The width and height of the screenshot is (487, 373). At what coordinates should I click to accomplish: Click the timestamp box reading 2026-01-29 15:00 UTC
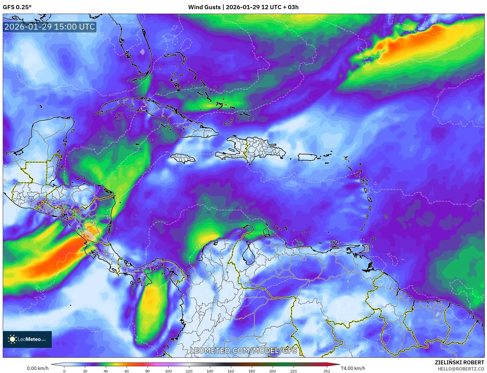tap(50, 27)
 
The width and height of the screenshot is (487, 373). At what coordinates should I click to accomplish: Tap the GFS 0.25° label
tap(17, 7)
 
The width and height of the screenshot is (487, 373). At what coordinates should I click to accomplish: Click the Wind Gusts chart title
tap(243, 7)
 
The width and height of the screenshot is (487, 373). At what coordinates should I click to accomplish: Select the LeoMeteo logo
tap(27, 339)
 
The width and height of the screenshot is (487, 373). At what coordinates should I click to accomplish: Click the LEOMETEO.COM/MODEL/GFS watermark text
tap(243, 350)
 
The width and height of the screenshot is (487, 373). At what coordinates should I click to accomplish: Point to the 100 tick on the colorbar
tap(168, 371)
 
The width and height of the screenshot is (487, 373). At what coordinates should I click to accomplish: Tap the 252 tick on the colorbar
tap(327, 371)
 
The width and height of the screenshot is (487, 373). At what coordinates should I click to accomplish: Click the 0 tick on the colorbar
tap(64, 371)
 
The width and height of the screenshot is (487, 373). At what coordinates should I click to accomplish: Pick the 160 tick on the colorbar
tap(231, 371)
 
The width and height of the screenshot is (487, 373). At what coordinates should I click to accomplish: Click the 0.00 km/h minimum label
tap(38, 368)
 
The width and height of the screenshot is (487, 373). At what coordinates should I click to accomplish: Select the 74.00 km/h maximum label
tap(353, 368)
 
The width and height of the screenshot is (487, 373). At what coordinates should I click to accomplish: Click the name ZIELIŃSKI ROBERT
tap(459, 362)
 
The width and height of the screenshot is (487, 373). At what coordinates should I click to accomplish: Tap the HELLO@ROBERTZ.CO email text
tap(461, 369)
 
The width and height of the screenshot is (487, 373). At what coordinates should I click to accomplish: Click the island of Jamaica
tap(183, 158)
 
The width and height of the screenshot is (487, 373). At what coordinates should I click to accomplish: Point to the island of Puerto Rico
tap(307, 157)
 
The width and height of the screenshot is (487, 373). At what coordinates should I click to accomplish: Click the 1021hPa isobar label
tap(86, 148)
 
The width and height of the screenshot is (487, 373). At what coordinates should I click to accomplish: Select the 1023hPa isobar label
tap(114, 94)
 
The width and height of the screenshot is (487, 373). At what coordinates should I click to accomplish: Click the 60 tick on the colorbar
tap(127, 371)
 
